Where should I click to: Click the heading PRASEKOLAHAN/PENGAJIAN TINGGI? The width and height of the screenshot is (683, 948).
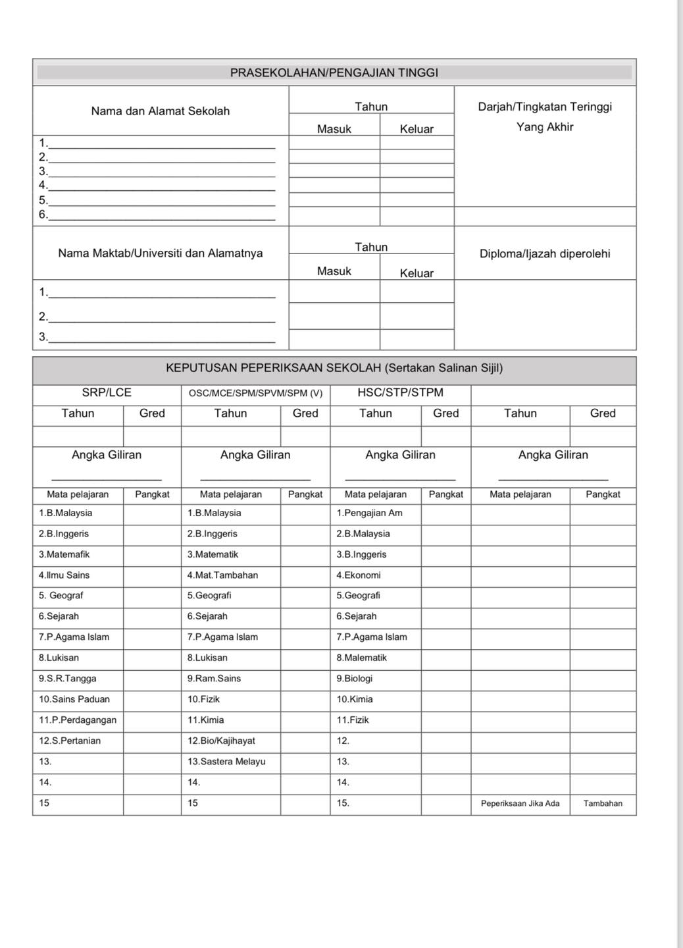[x=334, y=73]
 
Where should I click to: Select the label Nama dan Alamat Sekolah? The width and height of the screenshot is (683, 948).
[x=160, y=111]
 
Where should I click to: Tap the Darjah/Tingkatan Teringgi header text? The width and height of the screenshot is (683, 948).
[x=545, y=107]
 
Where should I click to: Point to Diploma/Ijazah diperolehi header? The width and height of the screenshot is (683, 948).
[x=545, y=253]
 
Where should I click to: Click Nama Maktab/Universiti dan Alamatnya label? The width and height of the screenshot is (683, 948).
[x=160, y=253]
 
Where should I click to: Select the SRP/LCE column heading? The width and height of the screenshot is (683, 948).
[x=107, y=392]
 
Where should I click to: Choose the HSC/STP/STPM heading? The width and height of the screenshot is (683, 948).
[x=400, y=392]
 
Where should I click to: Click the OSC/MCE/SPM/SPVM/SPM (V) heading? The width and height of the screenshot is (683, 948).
[x=255, y=393]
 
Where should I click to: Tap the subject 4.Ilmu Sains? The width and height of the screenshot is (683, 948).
[x=64, y=575]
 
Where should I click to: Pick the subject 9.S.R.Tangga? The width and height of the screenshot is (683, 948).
[x=67, y=678]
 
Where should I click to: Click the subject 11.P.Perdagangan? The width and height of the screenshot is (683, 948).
[x=77, y=720]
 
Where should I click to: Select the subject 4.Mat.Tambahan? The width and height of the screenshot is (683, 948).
[x=222, y=575]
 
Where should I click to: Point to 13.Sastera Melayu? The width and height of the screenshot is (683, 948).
[x=226, y=761]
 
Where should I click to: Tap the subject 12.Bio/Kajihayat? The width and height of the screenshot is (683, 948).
[x=221, y=741]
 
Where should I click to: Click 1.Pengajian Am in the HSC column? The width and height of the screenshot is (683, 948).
[x=369, y=513]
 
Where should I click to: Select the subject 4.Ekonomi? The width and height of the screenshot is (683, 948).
[x=359, y=575]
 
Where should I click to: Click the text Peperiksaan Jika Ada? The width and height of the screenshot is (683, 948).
[x=520, y=803]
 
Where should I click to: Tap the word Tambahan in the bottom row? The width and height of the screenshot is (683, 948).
[x=603, y=803]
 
